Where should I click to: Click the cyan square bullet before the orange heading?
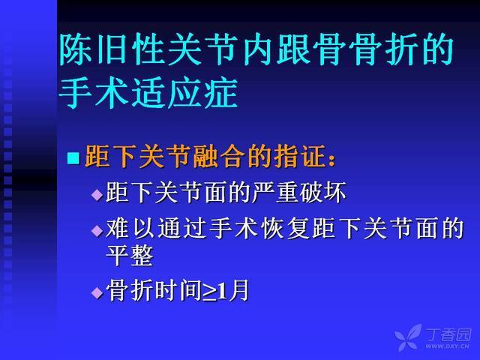[x=73, y=158]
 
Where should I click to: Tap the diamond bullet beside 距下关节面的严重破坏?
[x=97, y=195]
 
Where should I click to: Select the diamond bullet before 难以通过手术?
[x=97, y=231]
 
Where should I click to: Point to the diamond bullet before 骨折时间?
[x=97, y=292]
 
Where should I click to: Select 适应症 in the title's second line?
[x=185, y=92]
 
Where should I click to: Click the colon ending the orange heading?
[x=331, y=160]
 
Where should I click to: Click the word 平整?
[x=130, y=255]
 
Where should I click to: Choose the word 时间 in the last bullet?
[x=179, y=290]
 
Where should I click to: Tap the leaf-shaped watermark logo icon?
[x=408, y=337]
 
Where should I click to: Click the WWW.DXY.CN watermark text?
[x=447, y=346]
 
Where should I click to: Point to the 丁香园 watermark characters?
[x=448, y=334]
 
